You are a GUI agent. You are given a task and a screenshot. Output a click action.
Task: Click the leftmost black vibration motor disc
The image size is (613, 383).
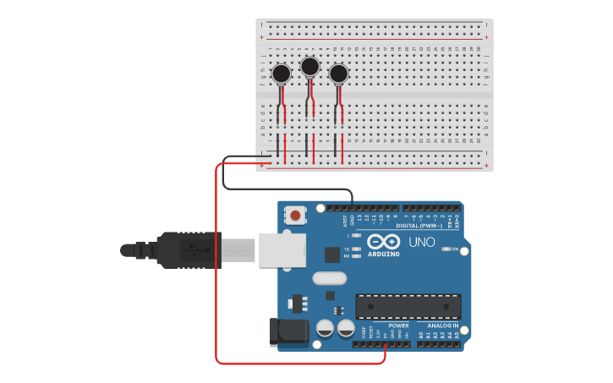pyautogui.click(x=282, y=74)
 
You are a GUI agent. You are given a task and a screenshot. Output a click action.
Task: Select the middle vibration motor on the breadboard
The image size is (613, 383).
pyautogui.click(x=310, y=66)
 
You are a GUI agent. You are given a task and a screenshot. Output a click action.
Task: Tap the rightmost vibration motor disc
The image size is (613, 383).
pyautogui.click(x=339, y=74)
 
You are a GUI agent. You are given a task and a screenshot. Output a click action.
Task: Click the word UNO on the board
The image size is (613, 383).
pyautogui.click(x=422, y=243)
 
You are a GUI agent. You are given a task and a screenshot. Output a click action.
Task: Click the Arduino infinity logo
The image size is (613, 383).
pyautogui.click(x=384, y=242)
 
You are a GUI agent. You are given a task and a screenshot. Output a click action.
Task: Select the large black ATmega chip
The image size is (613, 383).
pyautogui.click(x=408, y=307)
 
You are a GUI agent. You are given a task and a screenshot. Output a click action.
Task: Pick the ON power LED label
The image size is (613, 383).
pyautogui.click(x=454, y=249)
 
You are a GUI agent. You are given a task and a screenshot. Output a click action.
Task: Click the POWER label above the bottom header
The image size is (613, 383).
pyautogui.click(x=398, y=326)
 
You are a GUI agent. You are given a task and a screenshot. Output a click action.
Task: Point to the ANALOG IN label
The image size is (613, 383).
pyautogui.click(x=442, y=326)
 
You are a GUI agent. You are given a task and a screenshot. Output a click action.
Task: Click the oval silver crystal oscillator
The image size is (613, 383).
pyautogui.click(x=329, y=277)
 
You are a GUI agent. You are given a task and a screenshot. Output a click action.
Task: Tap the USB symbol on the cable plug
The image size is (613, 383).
pyautogui.click(x=194, y=250)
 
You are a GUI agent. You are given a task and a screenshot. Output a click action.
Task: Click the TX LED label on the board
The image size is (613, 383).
pyautogui.click(x=347, y=248)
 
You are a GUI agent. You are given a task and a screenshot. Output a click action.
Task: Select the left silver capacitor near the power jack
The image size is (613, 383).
pyautogui.click(x=324, y=328)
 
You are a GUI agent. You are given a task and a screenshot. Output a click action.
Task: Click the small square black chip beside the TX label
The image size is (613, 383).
pyautogui.click(x=331, y=254)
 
